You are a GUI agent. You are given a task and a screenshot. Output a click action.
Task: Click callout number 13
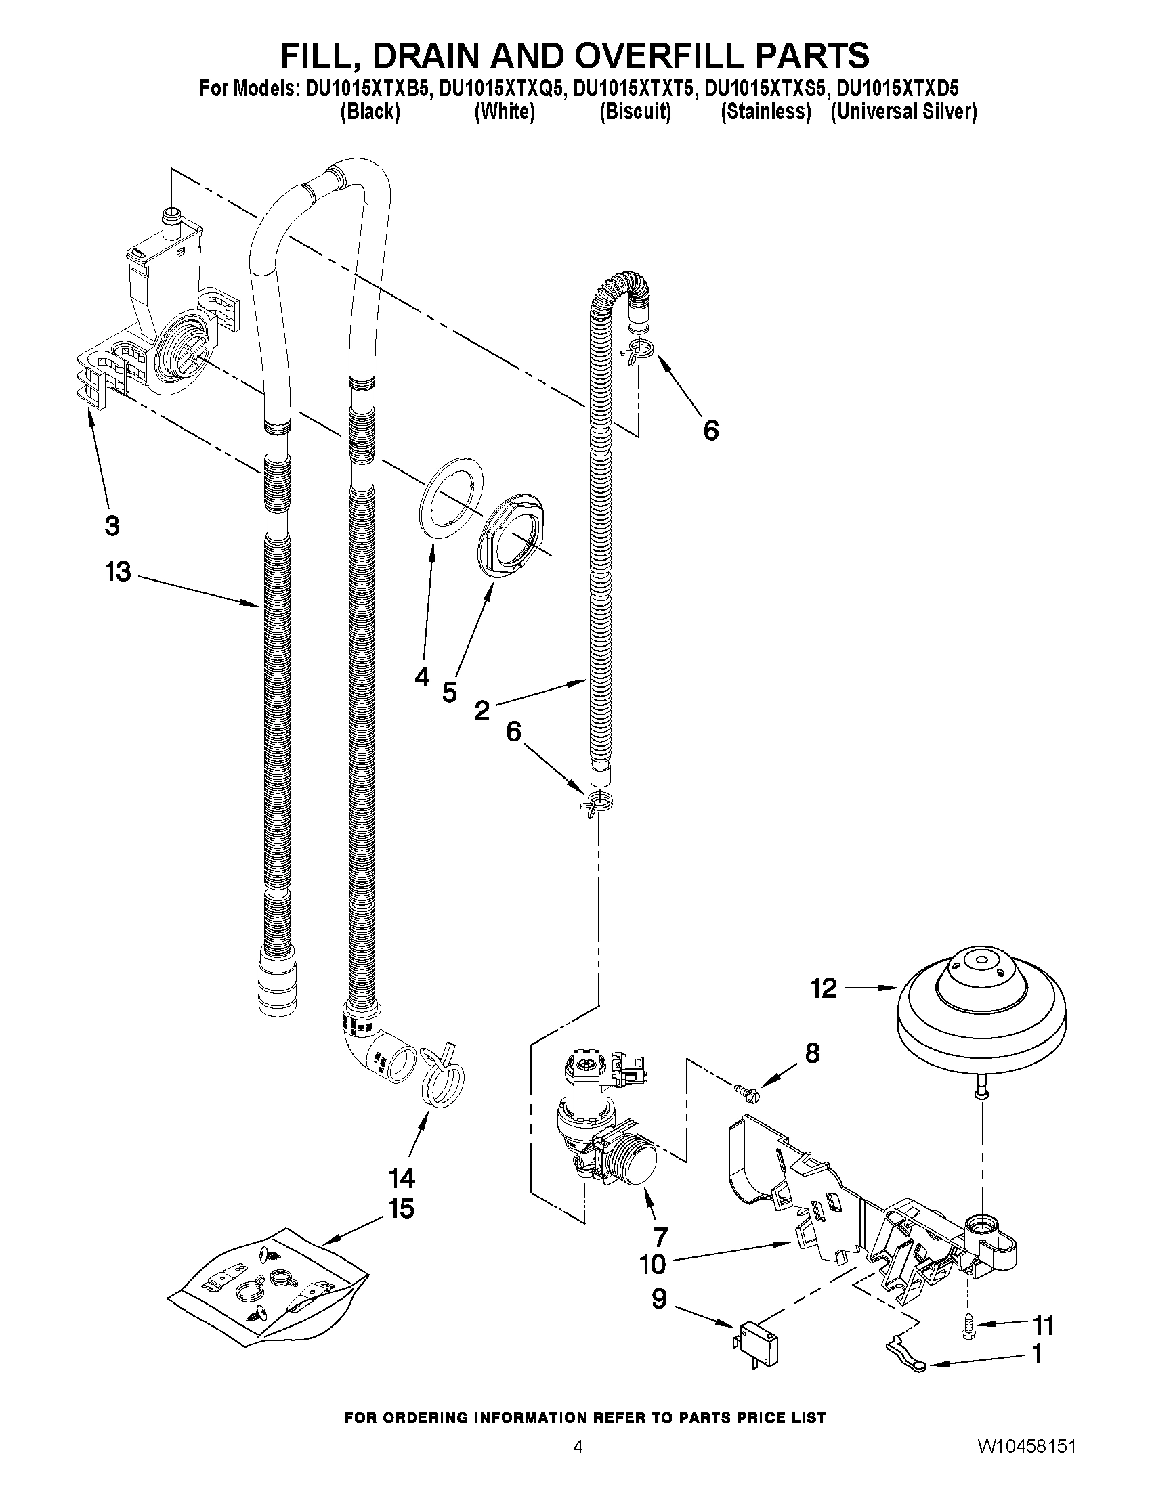tap(117, 572)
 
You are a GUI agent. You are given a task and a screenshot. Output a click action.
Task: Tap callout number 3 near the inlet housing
tap(112, 525)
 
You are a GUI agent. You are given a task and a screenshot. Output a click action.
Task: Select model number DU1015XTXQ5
tap(503, 89)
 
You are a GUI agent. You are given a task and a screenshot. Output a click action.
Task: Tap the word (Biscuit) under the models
tap(635, 111)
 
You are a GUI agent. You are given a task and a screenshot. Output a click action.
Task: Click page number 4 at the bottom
tap(578, 1465)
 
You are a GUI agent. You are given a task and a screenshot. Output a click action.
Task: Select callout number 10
tap(652, 1263)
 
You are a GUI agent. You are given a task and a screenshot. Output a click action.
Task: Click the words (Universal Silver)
tap(903, 111)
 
